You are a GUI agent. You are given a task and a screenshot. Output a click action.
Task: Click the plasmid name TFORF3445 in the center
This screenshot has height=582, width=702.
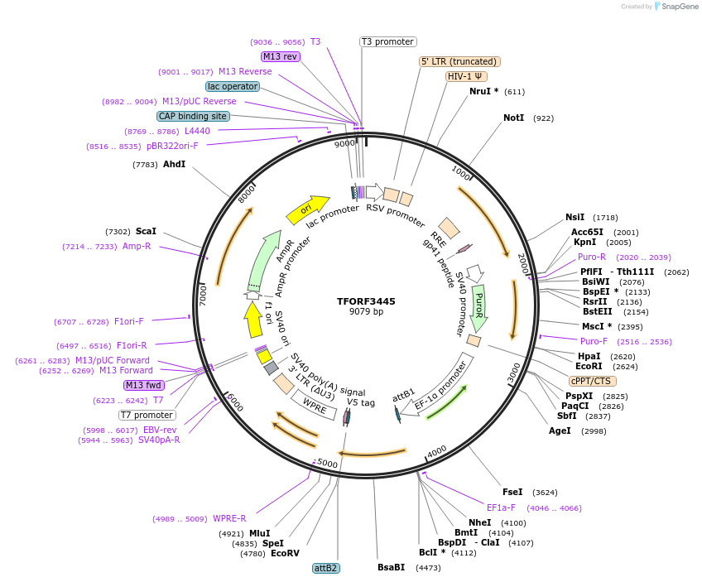point(366,301)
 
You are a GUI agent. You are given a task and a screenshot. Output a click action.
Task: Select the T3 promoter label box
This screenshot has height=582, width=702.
point(387,41)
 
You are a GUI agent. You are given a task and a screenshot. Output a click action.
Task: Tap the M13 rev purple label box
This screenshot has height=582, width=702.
point(280,56)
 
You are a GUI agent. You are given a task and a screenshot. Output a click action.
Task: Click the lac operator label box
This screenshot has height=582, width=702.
point(232,86)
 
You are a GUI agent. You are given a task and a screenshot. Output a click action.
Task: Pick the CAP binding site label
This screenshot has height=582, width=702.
point(192,117)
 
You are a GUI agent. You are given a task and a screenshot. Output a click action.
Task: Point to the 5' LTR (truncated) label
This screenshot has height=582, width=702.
point(459,61)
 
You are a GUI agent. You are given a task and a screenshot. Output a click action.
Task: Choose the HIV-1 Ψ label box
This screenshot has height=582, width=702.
point(466,76)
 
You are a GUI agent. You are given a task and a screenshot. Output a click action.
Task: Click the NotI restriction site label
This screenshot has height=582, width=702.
point(513,118)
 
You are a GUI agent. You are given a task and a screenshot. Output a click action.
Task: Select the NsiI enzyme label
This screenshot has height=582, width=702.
point(575,218)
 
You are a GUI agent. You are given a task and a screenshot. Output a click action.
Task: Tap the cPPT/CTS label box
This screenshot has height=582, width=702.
point(591,381)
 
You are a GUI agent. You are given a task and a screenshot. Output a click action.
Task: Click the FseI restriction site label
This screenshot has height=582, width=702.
point(512,492)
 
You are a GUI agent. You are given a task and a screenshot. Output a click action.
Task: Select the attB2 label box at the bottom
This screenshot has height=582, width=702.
point(325,568)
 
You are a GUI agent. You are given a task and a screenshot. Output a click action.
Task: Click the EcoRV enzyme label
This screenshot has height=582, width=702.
point(285,553)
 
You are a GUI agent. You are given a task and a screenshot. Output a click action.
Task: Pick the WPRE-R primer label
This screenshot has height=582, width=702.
point(229,519)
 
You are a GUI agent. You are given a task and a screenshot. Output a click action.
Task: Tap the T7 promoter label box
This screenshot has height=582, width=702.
point(147,415)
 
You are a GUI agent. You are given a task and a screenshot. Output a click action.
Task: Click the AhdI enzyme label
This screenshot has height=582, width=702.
point(174,165)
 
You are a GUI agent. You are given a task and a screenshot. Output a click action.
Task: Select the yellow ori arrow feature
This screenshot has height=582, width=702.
point(307,210)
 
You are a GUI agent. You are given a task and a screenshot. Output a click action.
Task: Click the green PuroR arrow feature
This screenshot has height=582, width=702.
point(478,305)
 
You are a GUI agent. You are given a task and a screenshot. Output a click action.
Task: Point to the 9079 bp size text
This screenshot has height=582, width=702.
point(366,312)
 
